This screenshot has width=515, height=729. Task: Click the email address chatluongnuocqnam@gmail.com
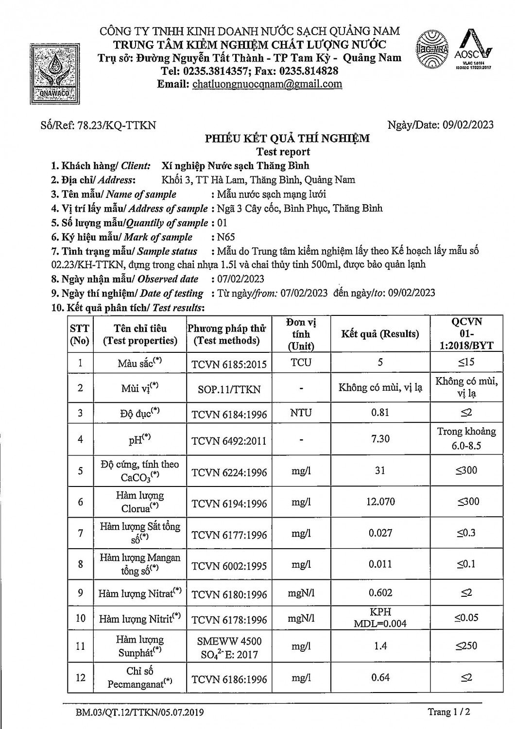pyautogui.click(x=267, y=84)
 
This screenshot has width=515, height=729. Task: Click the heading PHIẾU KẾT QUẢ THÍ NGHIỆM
pyautogui.click(x=287, y=139)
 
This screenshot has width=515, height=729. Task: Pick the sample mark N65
pyautogui.click(x=223, y=237)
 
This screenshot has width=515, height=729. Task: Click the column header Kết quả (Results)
pyautogui.click(x=380, y=334)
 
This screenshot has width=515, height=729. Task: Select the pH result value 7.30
pyautogui.click(x=380, y=439)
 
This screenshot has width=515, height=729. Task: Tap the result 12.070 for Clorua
pyautogui.click(x=380, y=502)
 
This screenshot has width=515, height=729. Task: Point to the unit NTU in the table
pyautogui.click(x=301, y=413)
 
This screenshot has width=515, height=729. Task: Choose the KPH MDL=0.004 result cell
pyautogui.click(x=380, y=618)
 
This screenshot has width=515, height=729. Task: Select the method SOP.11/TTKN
pyautogui.click(x=229, y=389)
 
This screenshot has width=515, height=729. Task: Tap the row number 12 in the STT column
pyautogui.click(x=81, y=677)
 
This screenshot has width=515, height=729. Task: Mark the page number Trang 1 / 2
pyautogui.click(x=449, y=712)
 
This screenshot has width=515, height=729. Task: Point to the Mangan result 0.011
pyautogui.click(x=380, y=564)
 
